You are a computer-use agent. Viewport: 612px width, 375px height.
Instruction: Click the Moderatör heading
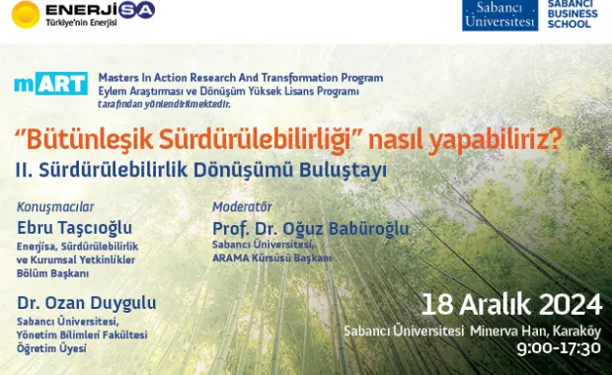click(242, 207)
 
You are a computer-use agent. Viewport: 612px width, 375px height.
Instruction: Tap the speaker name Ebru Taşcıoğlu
click(74, 227)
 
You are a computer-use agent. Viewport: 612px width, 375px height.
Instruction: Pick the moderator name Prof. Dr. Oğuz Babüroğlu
click(310, 229)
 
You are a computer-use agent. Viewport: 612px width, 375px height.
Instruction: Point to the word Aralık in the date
click(492, 302)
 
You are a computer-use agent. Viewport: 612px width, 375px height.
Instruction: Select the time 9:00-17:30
click(559, 347)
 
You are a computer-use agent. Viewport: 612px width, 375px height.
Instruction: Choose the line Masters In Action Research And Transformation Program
click(240, 77)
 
